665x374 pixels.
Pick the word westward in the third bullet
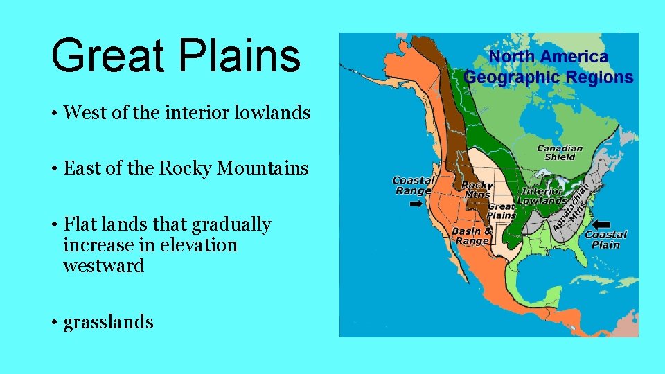(x=103, y=266)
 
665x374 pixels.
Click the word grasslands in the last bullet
(x=108, y=322)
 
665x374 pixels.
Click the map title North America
(x=548, y=57)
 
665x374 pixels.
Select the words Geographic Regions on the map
(x=548, y=77)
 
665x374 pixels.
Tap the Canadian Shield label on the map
(x=560, y=152)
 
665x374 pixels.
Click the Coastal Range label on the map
(x=414, y=186)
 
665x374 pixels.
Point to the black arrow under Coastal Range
(x=416, y=204)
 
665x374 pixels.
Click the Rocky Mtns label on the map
(x=477, y=190)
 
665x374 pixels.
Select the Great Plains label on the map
(x=502, y=211)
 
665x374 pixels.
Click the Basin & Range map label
(x=472, y=235)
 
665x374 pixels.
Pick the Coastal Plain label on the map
(x=606, y=240)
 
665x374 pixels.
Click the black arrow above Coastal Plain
(x=601, y=224)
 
